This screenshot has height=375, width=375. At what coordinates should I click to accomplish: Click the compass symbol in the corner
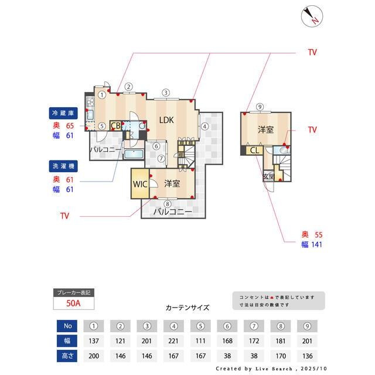(311, 16)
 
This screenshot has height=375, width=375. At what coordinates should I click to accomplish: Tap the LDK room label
(166, 120)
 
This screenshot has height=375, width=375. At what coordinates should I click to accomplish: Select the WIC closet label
(140, 183)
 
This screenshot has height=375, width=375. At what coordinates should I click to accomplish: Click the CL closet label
(254, 151)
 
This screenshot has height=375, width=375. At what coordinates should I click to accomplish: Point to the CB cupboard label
(116, 125)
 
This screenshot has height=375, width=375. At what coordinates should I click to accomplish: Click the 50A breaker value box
(73, 303)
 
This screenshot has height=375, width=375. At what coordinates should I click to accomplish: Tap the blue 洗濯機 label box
(61, 166)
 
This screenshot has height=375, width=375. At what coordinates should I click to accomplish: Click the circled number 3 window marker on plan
(166, 93)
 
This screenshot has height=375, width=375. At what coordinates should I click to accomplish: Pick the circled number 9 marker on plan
(259, 107)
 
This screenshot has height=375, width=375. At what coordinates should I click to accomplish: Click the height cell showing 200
(93, 355)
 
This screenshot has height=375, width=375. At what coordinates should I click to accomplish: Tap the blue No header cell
(67, 326)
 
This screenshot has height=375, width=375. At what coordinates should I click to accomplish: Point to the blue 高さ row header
(67, 355)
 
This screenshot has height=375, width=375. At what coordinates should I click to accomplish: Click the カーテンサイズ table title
(187, 308)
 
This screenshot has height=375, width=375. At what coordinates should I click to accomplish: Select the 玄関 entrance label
(268, 176)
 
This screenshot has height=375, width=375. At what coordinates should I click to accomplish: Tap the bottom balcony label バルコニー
(172, 212)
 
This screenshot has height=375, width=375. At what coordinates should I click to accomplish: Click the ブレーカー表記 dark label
(73, 292)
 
